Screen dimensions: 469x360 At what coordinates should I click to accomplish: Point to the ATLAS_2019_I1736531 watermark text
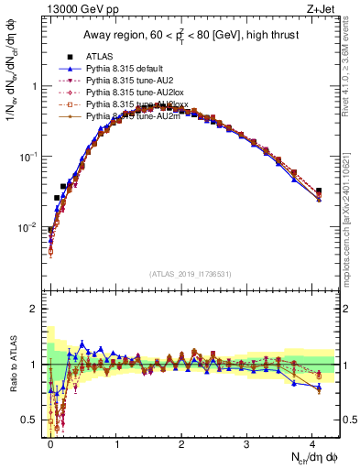[x=191, y=273]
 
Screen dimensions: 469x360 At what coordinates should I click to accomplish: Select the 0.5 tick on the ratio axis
[x=34, y=420]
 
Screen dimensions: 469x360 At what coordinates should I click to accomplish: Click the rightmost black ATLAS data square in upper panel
[x=319, y=191]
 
